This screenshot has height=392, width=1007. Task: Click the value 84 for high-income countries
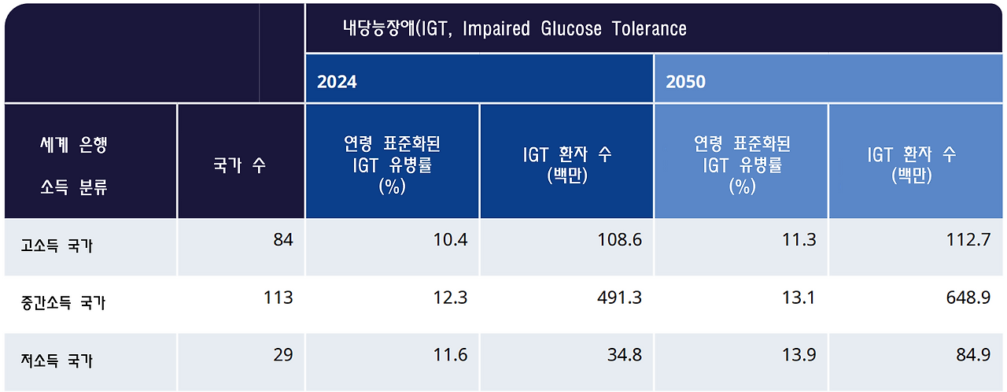pyautogui.click(x=283, y=240)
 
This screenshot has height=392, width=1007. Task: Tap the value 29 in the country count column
pyautogui.click(x=283, y=355)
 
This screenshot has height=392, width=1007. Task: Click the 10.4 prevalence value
pyautogui.click(x=451, y=240)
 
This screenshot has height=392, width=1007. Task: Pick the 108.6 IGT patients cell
pyautogui.click(x=620, y=240)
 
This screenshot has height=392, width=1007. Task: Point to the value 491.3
pyautogui.click(x=620, y=298)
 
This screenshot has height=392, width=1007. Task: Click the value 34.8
pyautogui.click(x=625, y=355)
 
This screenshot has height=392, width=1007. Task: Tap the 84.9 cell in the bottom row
pyautogui.click(x=973, y=355)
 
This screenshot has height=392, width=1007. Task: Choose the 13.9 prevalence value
pyautogui.click(x=800, y=355)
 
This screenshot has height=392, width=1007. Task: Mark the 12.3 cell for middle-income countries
pyautogui.click(x=451, y=298)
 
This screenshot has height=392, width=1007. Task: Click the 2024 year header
pyautogui.click(x=337, y=82)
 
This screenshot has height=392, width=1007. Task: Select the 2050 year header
pyautogui.click(x=686, y=82)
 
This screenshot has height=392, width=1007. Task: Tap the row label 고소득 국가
pyautogui.click(x=57, y=246)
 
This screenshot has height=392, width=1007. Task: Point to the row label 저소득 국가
pyautogui.click(x=57, y=361)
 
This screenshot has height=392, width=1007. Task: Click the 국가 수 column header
pyautogui.click(x=239, y=166)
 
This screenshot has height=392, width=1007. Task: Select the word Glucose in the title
pyautogui.click(x=571, y=29)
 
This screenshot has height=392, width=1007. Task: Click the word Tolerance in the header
pyautogui.click(x=649, y=29)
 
